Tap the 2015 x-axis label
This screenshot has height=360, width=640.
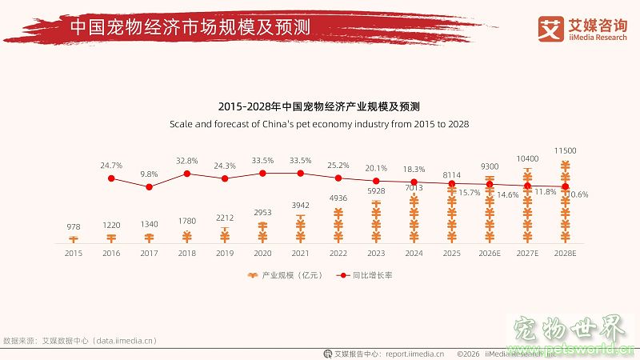pos(73,252)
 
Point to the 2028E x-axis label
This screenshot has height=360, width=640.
pos(566,252)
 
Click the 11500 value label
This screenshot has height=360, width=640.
pos(566,150)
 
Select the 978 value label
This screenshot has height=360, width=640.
pos(73,227)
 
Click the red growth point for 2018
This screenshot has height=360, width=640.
pos(186,173)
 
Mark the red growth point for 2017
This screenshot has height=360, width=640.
pos(149,186)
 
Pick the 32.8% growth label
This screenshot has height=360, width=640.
pos(186,160)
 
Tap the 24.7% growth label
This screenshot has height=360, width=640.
pos(111,165)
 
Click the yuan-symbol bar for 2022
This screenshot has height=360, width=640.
pos(338,226)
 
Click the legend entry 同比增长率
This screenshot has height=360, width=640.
pos(363,275)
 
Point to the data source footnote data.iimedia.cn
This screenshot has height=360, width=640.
pos(80,341)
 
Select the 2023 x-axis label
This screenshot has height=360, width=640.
pos(376,252)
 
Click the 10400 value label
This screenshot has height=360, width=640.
pos(527,159)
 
